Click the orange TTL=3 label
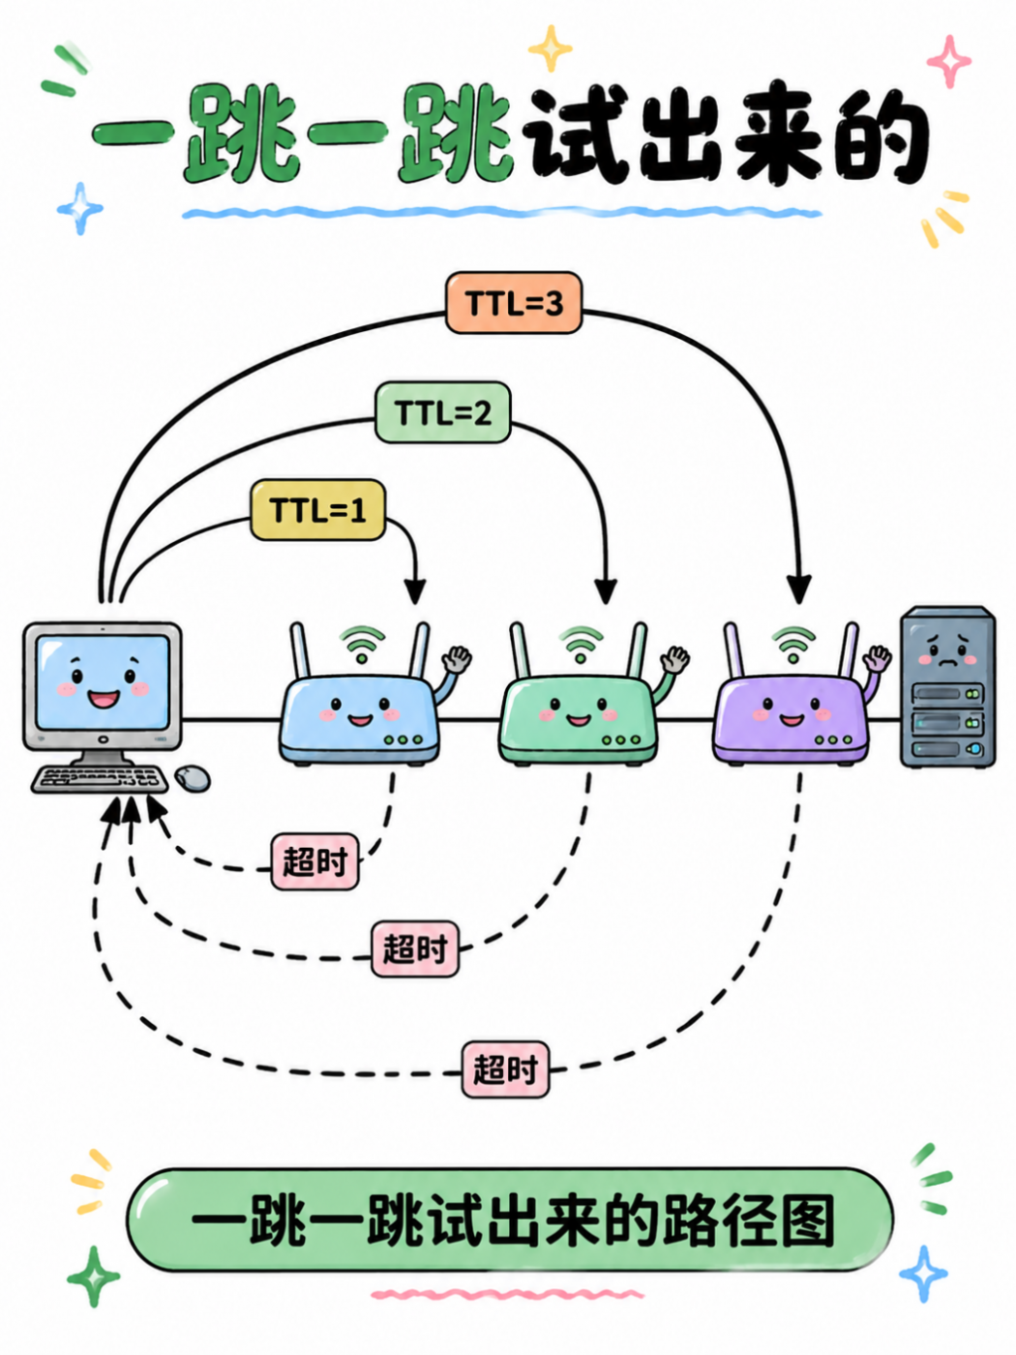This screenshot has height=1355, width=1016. (514, 303)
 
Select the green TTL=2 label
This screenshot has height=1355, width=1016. (443, 412)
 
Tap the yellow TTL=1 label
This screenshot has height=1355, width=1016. (317, 510)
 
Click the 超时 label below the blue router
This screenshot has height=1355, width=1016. (314, 861)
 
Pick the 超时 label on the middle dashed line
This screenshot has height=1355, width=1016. (415, 948)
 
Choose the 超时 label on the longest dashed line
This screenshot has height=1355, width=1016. (505, 1069)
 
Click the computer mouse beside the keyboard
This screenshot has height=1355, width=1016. (193, 778)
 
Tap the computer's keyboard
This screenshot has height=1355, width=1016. (100, 779)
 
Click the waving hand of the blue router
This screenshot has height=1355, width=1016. (457, 659)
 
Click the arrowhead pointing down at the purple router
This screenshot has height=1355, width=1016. (799, 588)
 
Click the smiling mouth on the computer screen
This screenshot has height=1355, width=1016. (103, 699)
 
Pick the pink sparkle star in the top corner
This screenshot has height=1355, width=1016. (949, 61)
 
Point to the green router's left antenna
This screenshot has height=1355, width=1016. (520, 650)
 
